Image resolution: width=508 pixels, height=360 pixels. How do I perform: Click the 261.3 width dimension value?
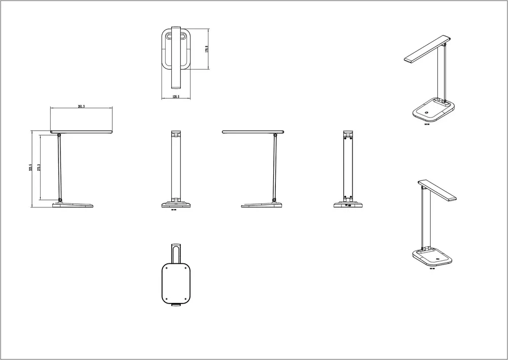[x=81, y=106]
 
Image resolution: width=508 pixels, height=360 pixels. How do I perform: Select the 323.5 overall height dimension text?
[x=31, y=168]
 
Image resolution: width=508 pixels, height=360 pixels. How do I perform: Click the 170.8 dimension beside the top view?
[x=207, y=49]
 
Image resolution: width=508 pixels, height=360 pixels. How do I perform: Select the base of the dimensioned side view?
[x=74, y=204]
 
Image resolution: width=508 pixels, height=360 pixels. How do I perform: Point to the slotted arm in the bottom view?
[x=176, y=252]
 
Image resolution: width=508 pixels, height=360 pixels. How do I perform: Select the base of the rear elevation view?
[x=348, y=205]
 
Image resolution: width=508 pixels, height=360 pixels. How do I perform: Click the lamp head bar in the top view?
[x=176, y=56]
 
